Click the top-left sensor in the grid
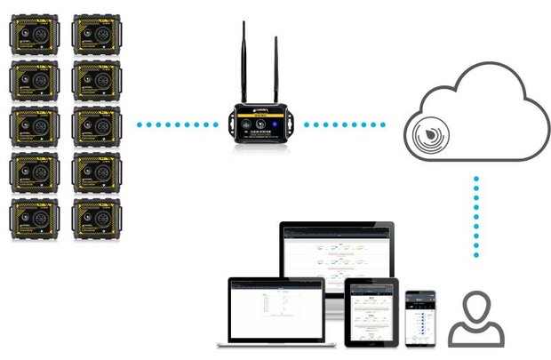point(34,35)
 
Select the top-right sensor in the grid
point(96,35)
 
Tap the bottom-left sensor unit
point(34,217)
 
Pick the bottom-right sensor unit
point(96,217)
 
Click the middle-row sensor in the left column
point(34,125)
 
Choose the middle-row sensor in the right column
point(96,125)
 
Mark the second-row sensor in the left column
point(34,80)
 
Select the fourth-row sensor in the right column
point(96,172)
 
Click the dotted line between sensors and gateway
point(178,124)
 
